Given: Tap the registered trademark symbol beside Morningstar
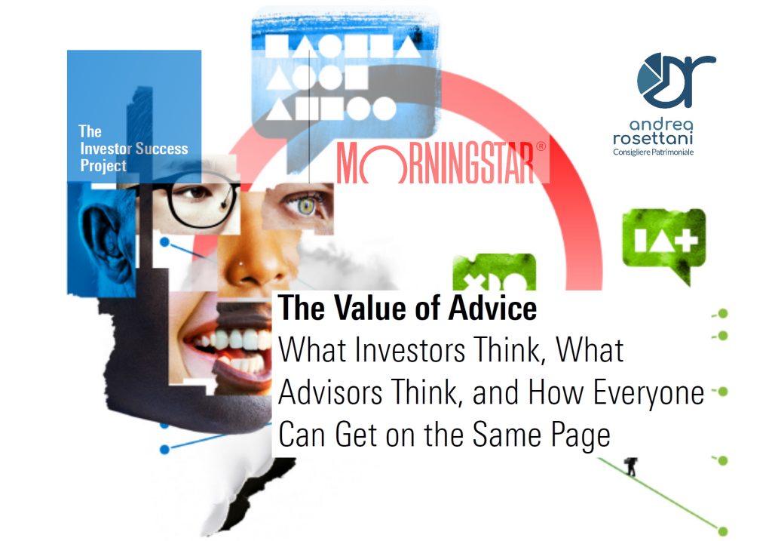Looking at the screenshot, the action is coord(541,146).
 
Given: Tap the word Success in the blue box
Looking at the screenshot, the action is coord(161,149).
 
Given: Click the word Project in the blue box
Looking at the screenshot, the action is coord(103,166).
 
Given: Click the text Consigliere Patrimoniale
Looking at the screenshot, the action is coord(653,152).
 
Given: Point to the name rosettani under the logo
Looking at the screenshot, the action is coord(653,138).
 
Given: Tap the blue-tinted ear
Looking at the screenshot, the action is coord(107,239).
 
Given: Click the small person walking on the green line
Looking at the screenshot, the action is coord(631,466).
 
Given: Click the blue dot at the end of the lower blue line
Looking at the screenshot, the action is coord(165,450).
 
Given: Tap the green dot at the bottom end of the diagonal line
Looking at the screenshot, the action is coord(723,531).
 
